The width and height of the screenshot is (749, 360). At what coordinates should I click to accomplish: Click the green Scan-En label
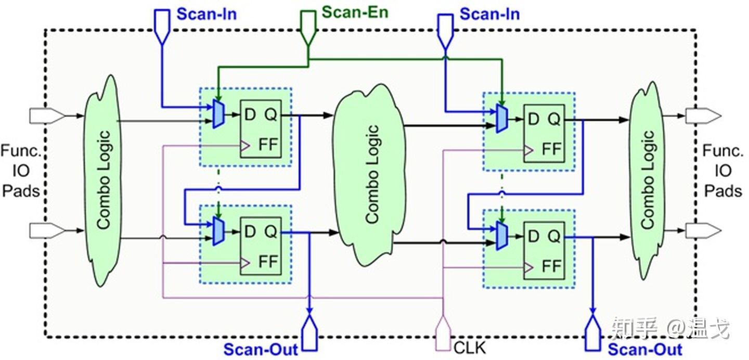pyautogui.click(x=355, y=11)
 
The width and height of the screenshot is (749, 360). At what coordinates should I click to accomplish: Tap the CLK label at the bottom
pyautogui.click(x=470, y=348)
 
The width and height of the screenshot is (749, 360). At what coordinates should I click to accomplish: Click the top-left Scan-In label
pyautogui.click(x=206, y=14)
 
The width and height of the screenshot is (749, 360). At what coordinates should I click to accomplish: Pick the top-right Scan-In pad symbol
pyautogui.click(x=445, y=29)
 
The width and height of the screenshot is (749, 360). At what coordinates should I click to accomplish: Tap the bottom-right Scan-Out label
pyautogui.click(x=645, y=349)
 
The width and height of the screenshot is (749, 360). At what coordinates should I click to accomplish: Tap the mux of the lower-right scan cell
pyautogui.click(x=501, y=235)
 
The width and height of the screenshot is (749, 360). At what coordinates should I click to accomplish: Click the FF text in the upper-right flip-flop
pyautogui.click(x=552, y=149)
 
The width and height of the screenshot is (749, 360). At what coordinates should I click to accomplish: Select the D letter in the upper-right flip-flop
pyautogui.click(x=533, y=120)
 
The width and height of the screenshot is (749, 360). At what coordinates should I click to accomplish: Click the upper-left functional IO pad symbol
pyautogui.click(x=46, y=115)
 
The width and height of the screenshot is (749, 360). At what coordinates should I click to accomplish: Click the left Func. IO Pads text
pyautogui.click(x=21, y=171)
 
